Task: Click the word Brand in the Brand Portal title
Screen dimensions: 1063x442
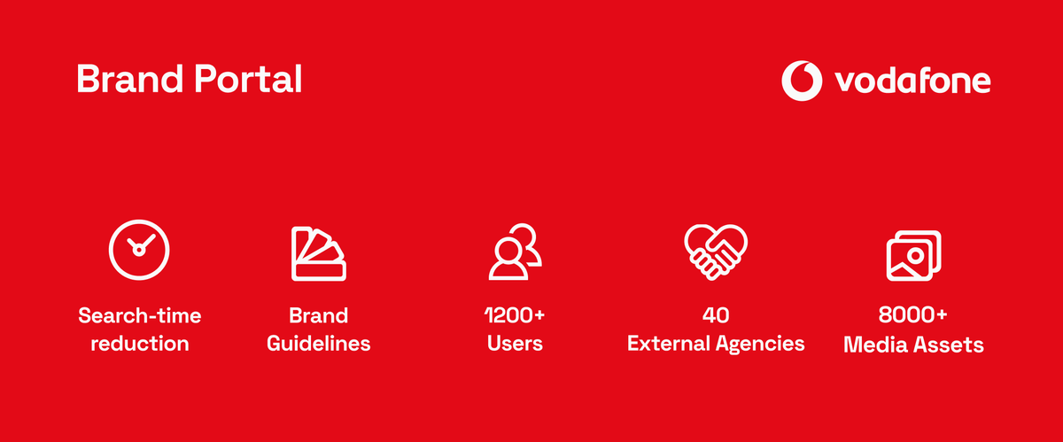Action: coord(130,78)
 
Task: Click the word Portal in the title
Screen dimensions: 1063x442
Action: coord(248,78)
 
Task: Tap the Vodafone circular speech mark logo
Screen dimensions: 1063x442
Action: coord(802,81)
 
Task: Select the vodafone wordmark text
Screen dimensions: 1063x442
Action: coord(912,81)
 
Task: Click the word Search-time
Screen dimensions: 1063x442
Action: coord(140,315)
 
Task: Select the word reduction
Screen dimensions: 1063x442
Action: coord(140,344)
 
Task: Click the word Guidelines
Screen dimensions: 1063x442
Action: coord(318,344)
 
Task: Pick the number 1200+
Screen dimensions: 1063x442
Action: coord(515,315)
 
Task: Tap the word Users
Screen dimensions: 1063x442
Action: coord(515,344)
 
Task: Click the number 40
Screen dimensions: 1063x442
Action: coord(716,315)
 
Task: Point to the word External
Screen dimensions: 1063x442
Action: coord(668,344)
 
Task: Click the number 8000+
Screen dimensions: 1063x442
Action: coord(913,314)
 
